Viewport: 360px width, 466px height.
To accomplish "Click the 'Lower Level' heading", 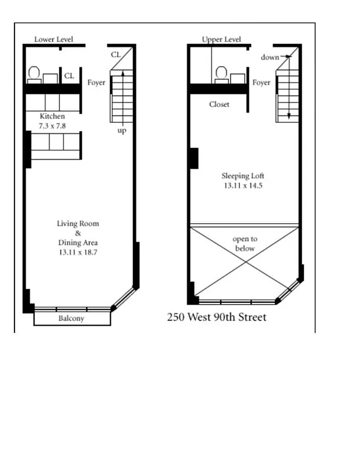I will pyautogui.click(x=54, y=40).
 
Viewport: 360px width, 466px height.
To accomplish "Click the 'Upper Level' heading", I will pyautogui.click(x=221, y=40).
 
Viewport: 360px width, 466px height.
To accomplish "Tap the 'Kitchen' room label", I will pyautogui.click(x=52, y=116).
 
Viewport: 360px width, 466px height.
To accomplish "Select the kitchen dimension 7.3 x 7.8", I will pyautogui.click(x=52, y=125).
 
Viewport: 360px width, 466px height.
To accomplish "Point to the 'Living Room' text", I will pyautogui.click(x=77, y=224).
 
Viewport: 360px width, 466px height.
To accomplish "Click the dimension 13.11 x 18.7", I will pyautogui.click(x=78, y=252).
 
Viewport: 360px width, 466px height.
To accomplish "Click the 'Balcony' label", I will pyautogui.click(x=72, y=319).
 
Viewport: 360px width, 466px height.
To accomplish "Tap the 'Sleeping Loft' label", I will pyautogui.click(x=243, y=176).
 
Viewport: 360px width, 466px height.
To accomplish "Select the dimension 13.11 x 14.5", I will pyautogui.click(x=243, y=186).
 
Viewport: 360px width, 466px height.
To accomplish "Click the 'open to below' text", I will pyautogui.click(x=245, y=243).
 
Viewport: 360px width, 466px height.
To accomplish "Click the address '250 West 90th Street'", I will pyautogui.click(x=217, y=317).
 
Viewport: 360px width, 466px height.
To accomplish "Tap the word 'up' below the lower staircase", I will pyautogui.click(x=122, y=130).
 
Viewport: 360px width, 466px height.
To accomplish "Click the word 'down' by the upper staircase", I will pyautogui.click(x=270, y=57).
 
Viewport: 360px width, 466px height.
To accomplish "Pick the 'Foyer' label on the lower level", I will pyautogui.click(x=96, y=83).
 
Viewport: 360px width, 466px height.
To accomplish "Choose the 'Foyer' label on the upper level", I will pyautogui.click(x=261, y=83).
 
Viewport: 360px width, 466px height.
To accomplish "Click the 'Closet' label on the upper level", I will pyautogui.click(x=219, y=104).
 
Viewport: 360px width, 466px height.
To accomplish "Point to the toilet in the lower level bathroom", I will pyautogui.click(x=34, y=74).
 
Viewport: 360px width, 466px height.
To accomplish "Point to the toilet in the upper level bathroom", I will pyautogui.click(x=221, y=74).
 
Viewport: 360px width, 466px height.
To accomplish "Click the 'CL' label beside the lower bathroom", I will pyautogui.click(x=69, y=76).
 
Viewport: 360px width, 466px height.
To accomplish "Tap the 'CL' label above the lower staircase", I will pyautogui.click(x=116, y=55).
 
